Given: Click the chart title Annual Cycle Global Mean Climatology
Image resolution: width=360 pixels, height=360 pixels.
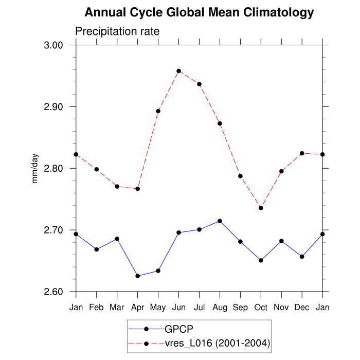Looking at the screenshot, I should (x=199, y=12).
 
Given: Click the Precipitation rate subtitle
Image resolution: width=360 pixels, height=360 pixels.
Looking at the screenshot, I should (x=117, y=31).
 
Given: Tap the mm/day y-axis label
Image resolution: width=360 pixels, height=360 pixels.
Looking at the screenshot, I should (x=35, y=168).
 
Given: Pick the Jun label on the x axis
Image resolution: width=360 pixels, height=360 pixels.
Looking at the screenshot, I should (x=178, y=307).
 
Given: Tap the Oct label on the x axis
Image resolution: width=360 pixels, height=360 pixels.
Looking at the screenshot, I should (x=261, y=307).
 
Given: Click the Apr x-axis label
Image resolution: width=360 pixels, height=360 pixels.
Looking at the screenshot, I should (x=137, y=307).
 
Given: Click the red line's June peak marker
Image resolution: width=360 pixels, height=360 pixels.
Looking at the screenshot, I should (x=178, y=71).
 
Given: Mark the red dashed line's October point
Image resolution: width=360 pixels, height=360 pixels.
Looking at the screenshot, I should (x=261, y=208).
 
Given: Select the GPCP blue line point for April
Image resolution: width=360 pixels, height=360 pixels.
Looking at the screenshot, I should (x=137, y=276).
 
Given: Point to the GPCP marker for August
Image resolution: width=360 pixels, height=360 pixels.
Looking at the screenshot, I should (x=220, y=221).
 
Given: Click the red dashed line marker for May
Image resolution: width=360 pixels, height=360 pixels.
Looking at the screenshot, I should (x=158, y=111).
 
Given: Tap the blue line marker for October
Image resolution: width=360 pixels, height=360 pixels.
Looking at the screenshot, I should (x=261, y=260).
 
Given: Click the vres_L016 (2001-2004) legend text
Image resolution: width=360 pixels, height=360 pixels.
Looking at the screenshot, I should (x=217, y=343).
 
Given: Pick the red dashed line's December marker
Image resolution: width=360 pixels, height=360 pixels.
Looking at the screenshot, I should (x=302, y=153).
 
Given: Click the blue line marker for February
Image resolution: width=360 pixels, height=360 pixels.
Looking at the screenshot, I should (x=96, y=249).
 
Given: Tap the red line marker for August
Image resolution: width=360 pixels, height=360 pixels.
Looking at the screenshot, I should (x=220, y=123).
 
